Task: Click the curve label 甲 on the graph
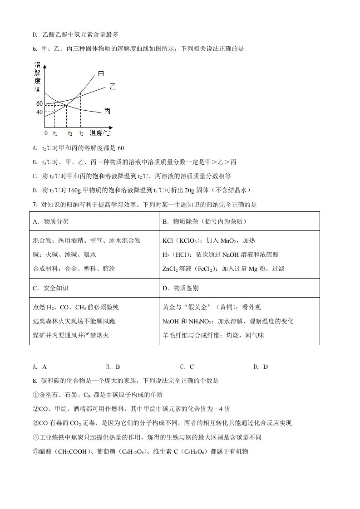101,74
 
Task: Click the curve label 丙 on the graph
107,111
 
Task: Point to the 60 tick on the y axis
39,104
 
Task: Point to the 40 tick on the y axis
39,112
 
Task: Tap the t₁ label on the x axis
55,134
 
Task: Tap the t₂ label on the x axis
70,134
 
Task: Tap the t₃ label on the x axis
81,134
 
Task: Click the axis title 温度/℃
100,133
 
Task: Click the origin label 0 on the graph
45,133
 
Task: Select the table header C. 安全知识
51,288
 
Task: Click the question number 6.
35,49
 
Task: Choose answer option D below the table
261,367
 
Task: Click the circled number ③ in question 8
36,423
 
